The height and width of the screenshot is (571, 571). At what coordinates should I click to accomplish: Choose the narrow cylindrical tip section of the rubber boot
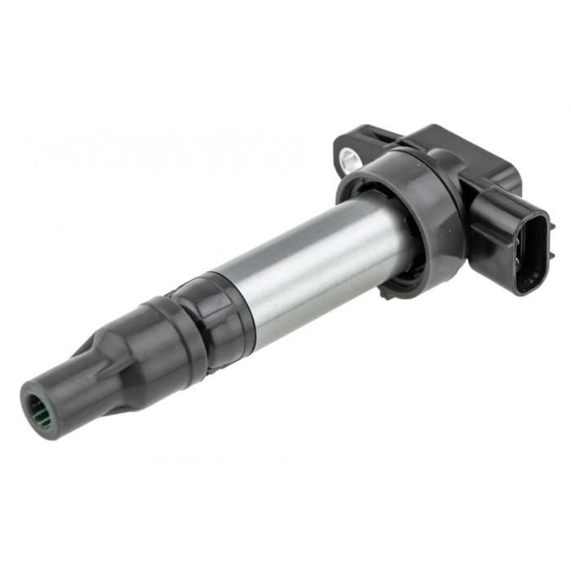point(65,392)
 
